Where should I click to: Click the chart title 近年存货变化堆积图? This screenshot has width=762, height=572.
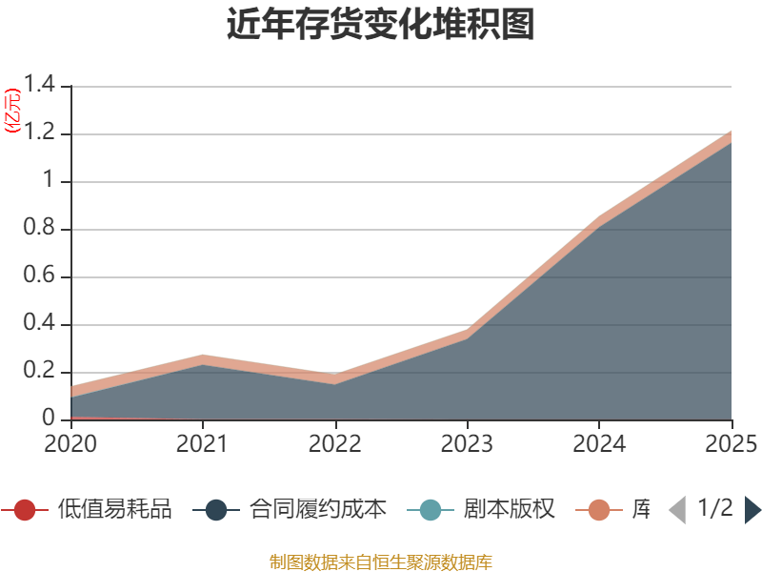[381, 25]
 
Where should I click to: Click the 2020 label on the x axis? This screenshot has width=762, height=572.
[70, 443]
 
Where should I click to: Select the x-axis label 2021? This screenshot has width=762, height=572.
[203, 443]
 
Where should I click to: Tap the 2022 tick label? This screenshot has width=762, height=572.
[335, 443]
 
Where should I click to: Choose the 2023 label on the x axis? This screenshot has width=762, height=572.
[468, 443]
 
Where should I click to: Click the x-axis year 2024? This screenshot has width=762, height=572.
[600, 443]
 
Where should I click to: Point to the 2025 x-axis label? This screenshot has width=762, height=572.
[730, 443]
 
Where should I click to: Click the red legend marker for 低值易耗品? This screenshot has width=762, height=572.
[26, 510]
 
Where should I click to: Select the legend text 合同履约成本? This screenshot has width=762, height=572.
[318, 510]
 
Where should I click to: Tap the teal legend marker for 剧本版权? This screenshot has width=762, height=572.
[431, 510]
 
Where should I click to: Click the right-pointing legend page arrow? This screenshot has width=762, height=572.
[752, 510]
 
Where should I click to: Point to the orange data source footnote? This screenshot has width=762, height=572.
[381, 562]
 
